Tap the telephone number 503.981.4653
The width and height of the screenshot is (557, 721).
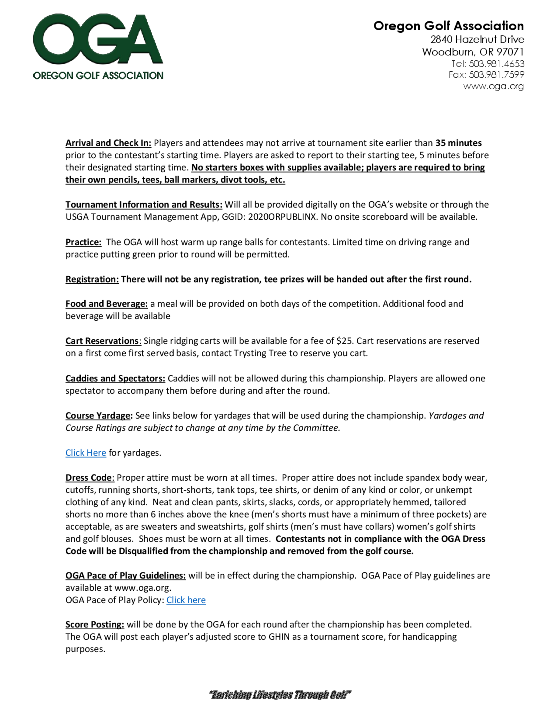tap(496, 64)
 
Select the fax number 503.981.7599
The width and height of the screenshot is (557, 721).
tap(496, 75)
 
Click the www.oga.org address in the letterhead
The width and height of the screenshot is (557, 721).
tap(493, 86)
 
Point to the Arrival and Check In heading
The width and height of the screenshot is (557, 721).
tap(108, 143)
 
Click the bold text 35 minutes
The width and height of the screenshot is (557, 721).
tap(458, 143)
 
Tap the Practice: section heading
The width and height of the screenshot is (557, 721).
tap(83, 242)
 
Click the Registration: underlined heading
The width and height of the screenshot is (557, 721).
tap(92, 279)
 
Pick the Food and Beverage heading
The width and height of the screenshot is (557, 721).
tap(107, 304)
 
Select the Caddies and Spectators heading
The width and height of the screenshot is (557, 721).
tap(115, 378)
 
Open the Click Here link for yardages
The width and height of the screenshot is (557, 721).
tap(86, 453)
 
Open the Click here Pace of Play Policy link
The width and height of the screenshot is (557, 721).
tap(186, 600)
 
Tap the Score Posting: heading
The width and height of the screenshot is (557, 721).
tap(95, 624)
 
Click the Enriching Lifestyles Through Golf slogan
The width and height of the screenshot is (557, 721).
tap(280, 695)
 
